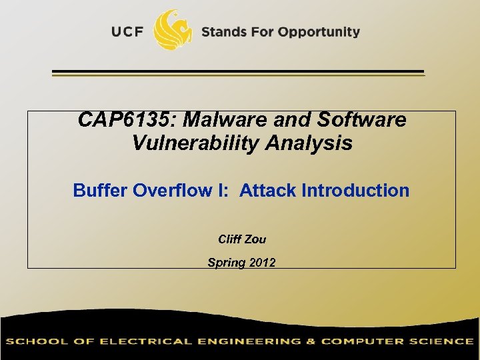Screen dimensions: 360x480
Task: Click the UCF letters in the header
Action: pos(127,32)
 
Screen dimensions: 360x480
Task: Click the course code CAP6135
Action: pos(127,120)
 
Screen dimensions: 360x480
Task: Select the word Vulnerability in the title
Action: pos(198,143)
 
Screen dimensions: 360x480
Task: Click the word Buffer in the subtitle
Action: pos(101,191)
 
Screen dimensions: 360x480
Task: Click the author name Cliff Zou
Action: pos(242,239)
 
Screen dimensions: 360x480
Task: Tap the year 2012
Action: pos(261,263)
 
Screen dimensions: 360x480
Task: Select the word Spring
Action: pos(226,263)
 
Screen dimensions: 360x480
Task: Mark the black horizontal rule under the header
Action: pos(238,71)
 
